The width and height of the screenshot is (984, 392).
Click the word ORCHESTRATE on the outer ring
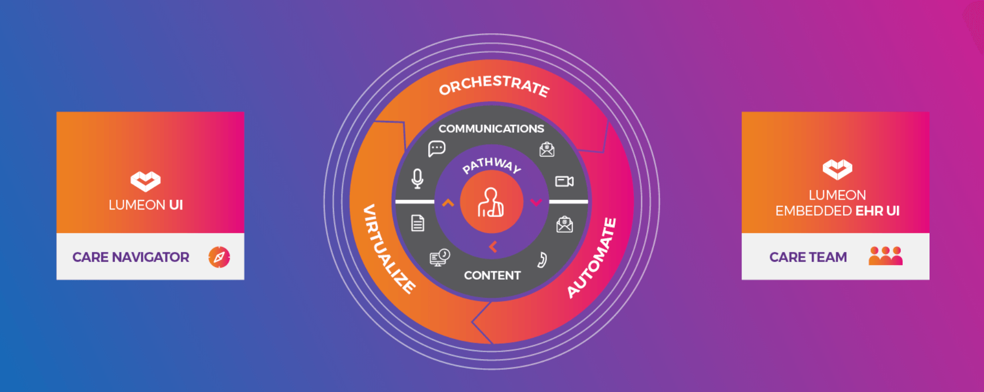(x=494, y=86)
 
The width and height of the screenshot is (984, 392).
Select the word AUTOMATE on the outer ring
(x=592, y=258)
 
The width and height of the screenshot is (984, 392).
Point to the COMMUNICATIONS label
(x=491, y=128)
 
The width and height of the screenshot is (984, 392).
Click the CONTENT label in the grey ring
(x=492, y=276)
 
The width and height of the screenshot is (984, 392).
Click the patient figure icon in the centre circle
(x=491, y=203)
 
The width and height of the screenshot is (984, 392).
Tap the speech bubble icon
(x=437, y=149)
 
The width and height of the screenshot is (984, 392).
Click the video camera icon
(x=564, y=181)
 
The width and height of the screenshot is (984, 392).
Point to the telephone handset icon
(x=542, y=259)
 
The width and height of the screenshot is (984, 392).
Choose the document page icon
(x=418, y=223)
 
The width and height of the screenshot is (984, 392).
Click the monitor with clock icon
(x=439, y=257)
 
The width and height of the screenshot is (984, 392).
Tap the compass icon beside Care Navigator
(x=219, y=257)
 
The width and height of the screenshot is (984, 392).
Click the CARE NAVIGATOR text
(x=131, y=257)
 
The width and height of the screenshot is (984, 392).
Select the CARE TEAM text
(x=808, y=257)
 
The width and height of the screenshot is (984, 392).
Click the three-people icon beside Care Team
(x=886, y=256)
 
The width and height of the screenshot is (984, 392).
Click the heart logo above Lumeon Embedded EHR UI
(x=837, y=169)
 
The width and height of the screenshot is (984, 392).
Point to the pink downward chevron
(x=536, y=203)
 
